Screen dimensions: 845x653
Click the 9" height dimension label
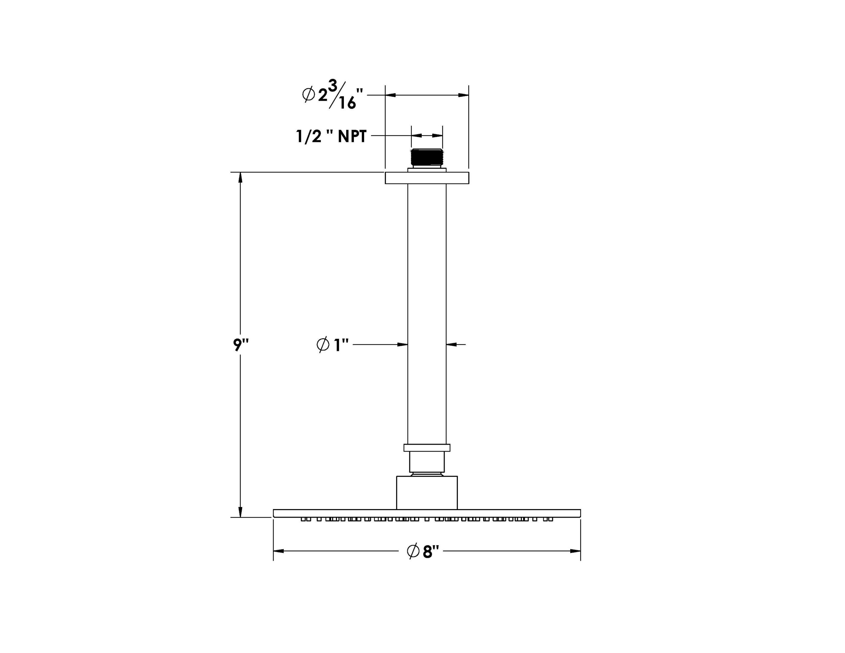[x=241, y=345]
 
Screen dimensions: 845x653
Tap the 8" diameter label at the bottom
[x=424, y=551]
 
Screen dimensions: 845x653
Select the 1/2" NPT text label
[x=331, y=137]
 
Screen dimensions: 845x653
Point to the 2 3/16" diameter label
[x=333, y=94]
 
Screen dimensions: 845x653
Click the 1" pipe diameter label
[x=333, y=345]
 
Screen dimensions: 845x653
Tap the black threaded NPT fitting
[x=427, y=157]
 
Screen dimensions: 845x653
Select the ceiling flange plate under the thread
[x=427, y=178]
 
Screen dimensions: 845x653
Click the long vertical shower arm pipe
[x=427, y=314]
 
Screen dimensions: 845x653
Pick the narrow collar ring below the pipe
[x=427, y=447]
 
